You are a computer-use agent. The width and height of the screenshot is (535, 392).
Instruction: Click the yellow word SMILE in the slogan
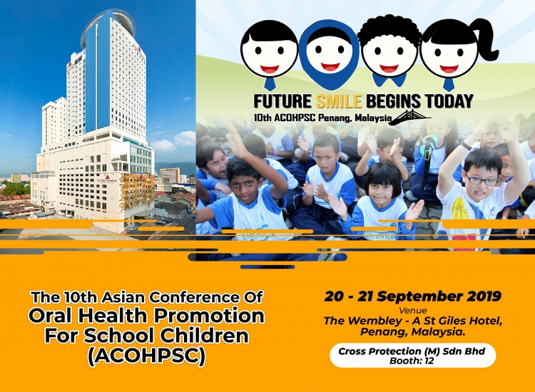pyautogui.click(x=339, y=101)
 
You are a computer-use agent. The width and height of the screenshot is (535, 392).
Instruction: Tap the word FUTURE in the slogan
pyautogui.click(x=282, y=101)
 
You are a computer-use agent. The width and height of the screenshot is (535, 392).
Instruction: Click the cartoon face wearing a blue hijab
pyautogui.click(x=330, y=53)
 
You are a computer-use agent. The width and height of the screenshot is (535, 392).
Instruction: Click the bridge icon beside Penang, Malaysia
pyautogui.click(x=411, y=117)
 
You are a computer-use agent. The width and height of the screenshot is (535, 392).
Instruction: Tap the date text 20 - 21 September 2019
pyautogui.click(x=413, y=296)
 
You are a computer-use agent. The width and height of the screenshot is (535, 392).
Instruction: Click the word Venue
pyautogui.click(x=413, y=311)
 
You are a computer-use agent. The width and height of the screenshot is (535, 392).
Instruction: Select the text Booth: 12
pyautogui.click(x=412, y=361)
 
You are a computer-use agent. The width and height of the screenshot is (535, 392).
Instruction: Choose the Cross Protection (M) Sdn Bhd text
pyautogui.click(x=412, y=351)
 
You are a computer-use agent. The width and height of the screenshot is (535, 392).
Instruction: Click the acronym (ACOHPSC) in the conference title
pyautogui.click(x=147, y=356)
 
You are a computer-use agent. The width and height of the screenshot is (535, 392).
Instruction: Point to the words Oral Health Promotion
pyautogui.click(x=146, y=316)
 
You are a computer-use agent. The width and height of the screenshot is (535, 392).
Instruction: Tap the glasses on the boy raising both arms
pyautogui.click(x=482, y=180)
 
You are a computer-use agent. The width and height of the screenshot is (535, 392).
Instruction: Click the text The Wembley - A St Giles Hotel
pyautogui.click(x=413, y=321)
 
